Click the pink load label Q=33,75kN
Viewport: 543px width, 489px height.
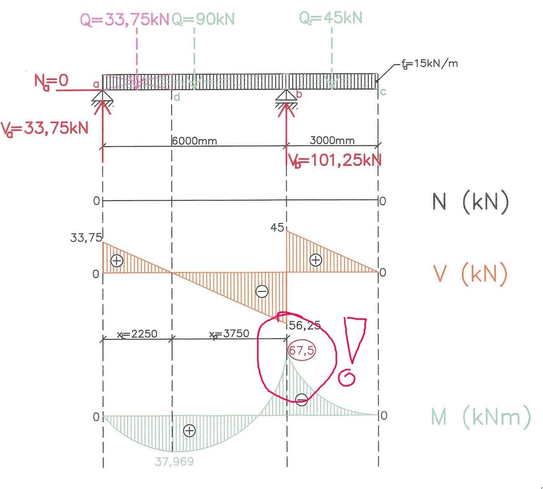pyautogui.click(x=124, y=20)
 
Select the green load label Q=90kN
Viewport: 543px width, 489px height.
pyautogui.click(x=203, y=19)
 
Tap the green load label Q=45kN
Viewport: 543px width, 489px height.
pyautogui.click(x=331, y=18)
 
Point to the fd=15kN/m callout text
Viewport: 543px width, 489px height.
pyautogui.click(x=430, y=64)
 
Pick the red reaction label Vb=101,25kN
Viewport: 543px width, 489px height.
pyautogui.click(x=335, y=161)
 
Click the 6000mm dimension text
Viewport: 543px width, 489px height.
pyautogui.click(x=195, y=141)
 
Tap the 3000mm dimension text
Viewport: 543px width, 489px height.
pyautogui.click(x=332, y=140)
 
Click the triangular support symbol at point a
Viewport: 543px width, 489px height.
pyautogui.click(x=103, y=97)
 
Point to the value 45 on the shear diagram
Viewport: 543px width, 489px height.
pyautogui.click(x=277, y=227)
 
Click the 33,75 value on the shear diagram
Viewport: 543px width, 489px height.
pyautogui.click(x=86, y=237)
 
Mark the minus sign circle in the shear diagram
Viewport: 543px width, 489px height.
pyautogui.click(x=262, y=291)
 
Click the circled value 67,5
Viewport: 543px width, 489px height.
pyautogui.click(x=301, y=350)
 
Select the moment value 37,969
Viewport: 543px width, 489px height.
pyautogui.click(x=174, y=461)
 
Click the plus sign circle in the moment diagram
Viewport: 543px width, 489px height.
pyautogui.click(x=189, y=431)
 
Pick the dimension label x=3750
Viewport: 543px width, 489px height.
pyautogui.click(x=229, y=334)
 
